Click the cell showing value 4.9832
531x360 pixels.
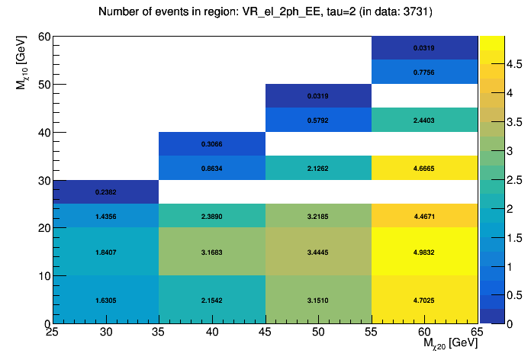(424, 252)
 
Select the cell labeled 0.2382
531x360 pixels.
(105, 192)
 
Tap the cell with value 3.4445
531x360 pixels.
(317, 252)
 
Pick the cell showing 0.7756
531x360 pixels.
(424, 72)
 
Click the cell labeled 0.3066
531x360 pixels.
(211, 144)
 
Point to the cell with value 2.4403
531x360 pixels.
(424, 120)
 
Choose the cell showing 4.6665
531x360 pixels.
(424, 168)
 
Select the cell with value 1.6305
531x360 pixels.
(105, 300)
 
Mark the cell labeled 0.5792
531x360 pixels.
(317, 120)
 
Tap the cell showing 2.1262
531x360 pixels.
(317, 168)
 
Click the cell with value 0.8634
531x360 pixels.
(211, 168)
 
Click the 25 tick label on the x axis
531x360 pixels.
(52, 333)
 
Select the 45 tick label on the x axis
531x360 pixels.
(265, 333)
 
